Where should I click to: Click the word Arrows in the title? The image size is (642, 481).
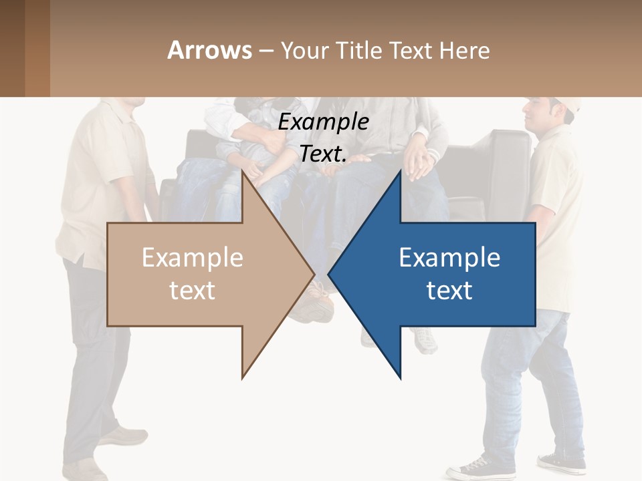point(209,50)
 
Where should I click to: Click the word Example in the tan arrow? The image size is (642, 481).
point(193,257)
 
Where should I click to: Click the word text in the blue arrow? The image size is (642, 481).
point(449,290)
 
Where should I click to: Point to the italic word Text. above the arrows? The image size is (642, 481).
point(323,154)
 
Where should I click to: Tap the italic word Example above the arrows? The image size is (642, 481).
point(323,122)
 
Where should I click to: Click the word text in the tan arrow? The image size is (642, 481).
point(193,290)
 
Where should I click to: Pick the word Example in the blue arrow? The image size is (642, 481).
point(449,257)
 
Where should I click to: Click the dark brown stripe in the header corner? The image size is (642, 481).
point(12,48)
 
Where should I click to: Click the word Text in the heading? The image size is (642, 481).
point(411,50)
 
